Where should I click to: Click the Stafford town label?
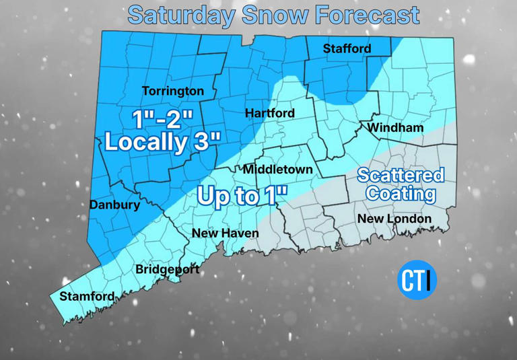pos(347,48)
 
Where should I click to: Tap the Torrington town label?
pos(172,91)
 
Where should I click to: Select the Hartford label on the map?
pos(269,113)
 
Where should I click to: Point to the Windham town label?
pos(395,127)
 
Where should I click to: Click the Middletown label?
pos(277,170)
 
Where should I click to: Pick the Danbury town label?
pos(114,205)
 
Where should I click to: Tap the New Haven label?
pos(225,233)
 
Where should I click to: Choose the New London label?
pos(394,219)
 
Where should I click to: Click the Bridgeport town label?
pos(167,270)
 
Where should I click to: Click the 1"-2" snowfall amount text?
pos(163,120)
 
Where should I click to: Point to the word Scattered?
pos(401,176)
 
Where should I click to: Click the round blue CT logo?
pos(417,280)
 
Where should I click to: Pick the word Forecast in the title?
pos(366,14)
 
